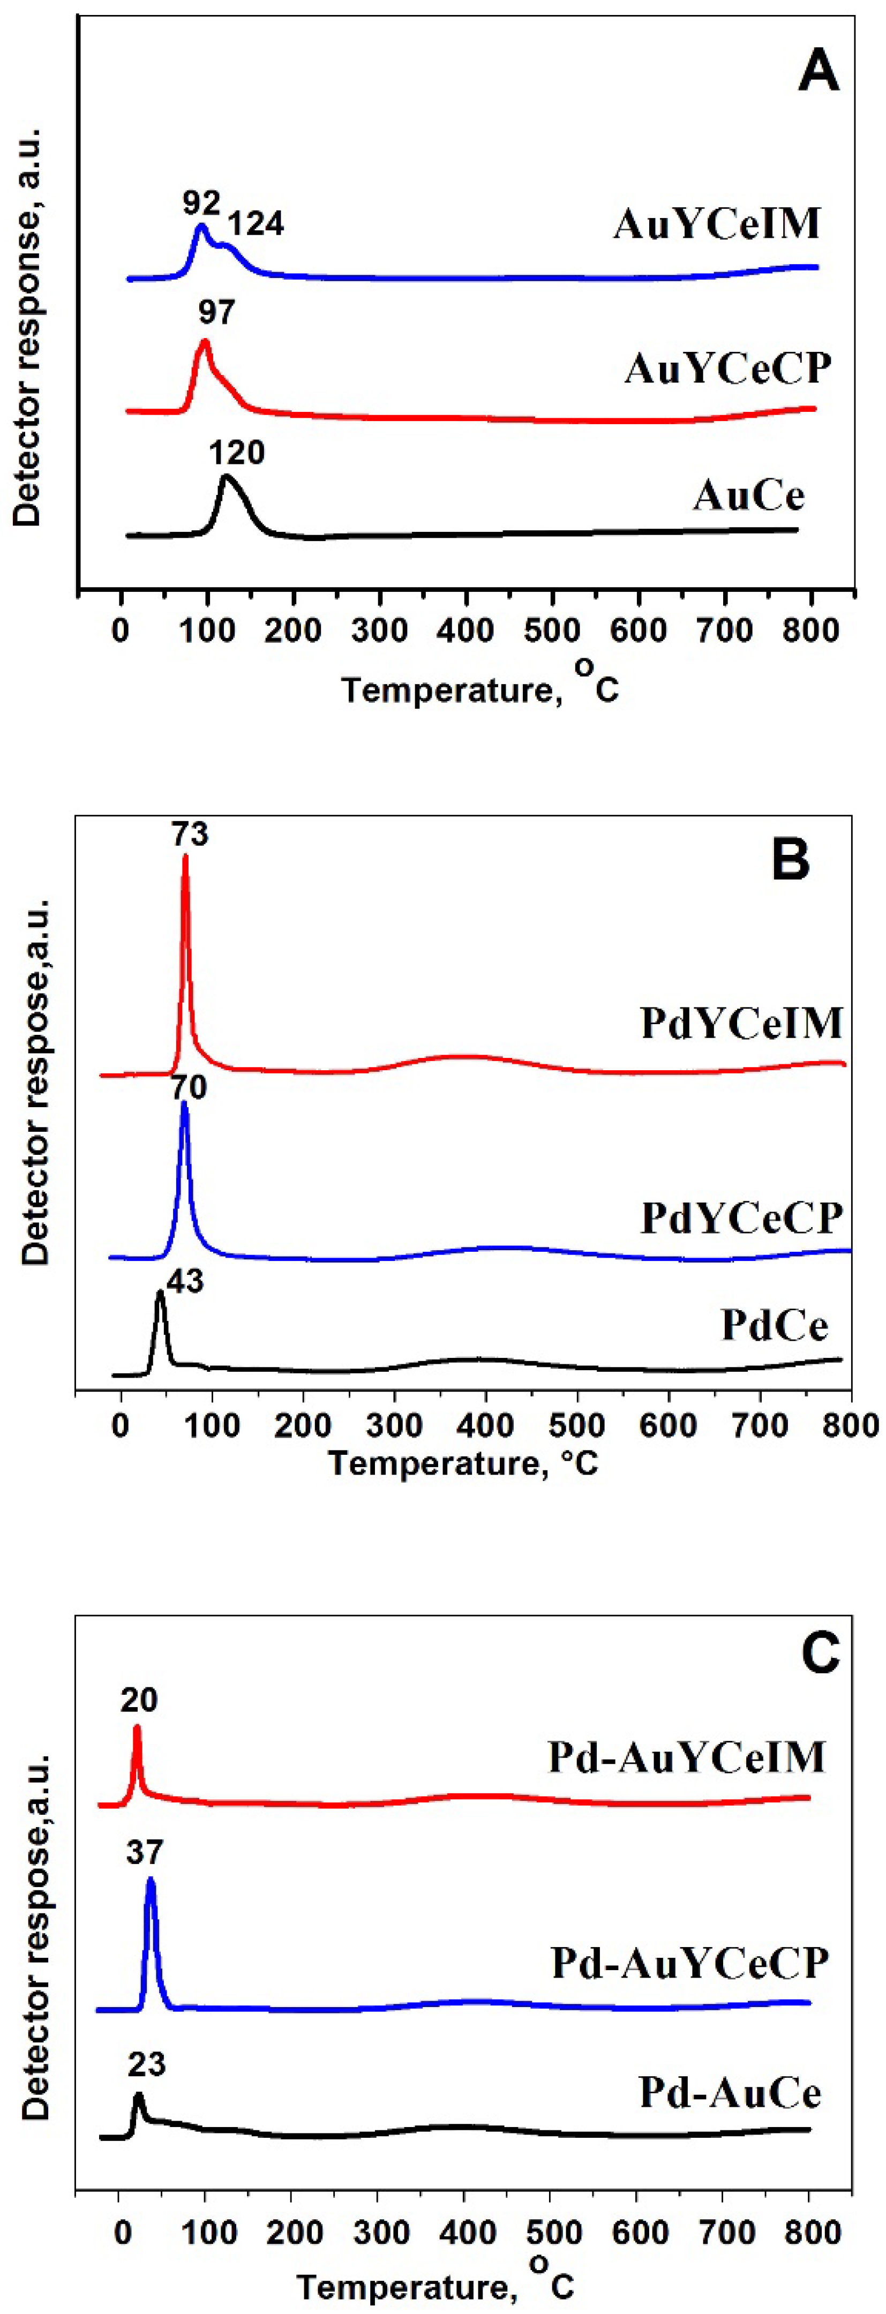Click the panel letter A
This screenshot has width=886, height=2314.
(819, 72)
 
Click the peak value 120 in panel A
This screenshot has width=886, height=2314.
(237, 453)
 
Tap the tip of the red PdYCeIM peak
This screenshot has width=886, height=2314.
(185, 856)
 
